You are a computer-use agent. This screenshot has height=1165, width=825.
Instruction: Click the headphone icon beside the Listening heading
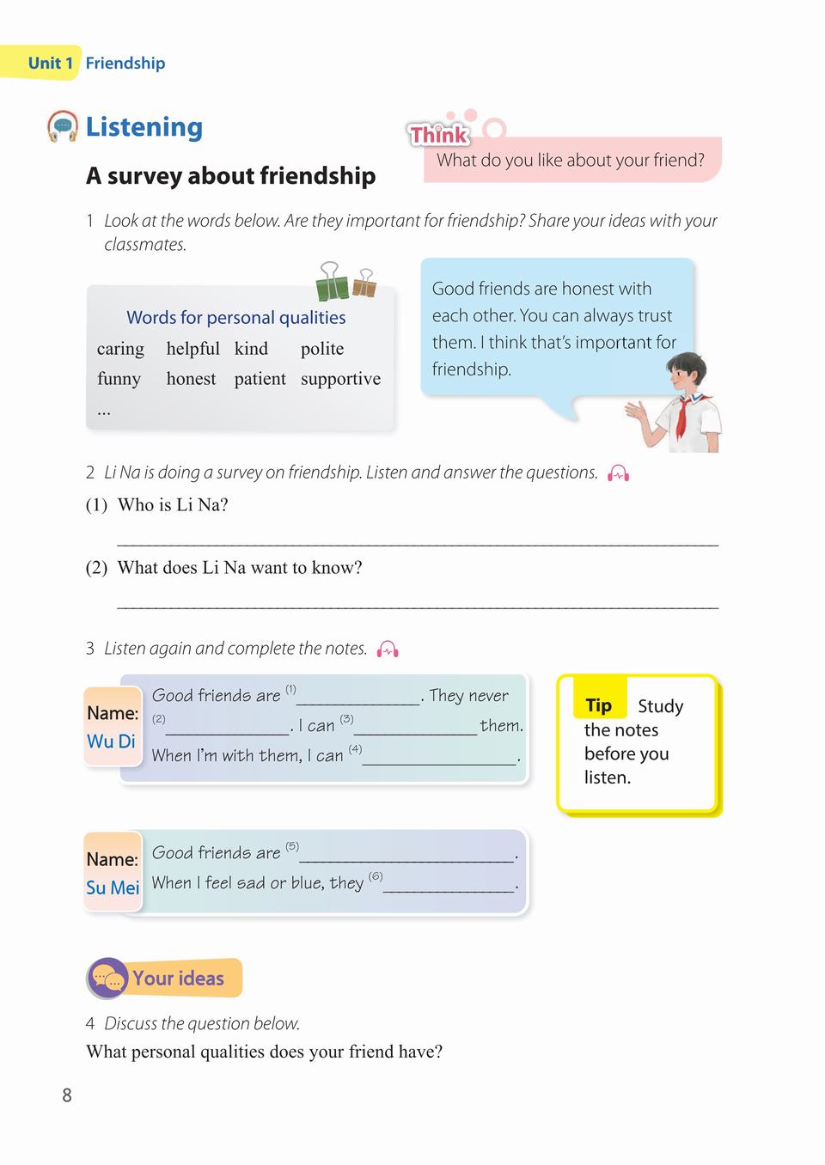pos(63,126)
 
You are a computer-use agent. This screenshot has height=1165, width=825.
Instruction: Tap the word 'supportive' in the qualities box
pos(340,379)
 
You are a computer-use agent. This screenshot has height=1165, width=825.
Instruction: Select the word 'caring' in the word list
pos(120,349)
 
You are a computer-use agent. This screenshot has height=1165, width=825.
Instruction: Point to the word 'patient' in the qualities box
pos(260,379)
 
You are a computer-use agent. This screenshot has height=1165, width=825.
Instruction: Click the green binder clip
pos(333,281)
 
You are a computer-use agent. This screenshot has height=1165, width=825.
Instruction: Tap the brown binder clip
pos(364,283)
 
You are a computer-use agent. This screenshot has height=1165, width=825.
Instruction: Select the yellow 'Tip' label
pos(599,705)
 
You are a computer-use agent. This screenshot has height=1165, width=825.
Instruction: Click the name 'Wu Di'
pos(111,741)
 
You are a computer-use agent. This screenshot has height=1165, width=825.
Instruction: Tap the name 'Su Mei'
pos(113,887)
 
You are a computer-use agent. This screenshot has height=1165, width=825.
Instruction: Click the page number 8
pos(67,1095)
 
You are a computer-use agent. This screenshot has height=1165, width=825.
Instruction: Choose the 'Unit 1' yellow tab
pos(50,63)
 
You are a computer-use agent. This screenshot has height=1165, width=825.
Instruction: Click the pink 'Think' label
pos(438,134)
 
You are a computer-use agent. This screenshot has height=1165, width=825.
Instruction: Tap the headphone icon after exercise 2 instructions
pos(619,473)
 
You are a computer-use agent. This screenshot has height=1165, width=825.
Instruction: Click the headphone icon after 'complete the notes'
pos(388,650)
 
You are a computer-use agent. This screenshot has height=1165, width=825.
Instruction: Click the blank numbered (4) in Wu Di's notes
pos(439,759)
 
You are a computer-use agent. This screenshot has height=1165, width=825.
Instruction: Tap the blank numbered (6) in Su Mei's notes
pos(449,886)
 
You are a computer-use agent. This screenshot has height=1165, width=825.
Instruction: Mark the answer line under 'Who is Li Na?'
pos(417,541)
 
